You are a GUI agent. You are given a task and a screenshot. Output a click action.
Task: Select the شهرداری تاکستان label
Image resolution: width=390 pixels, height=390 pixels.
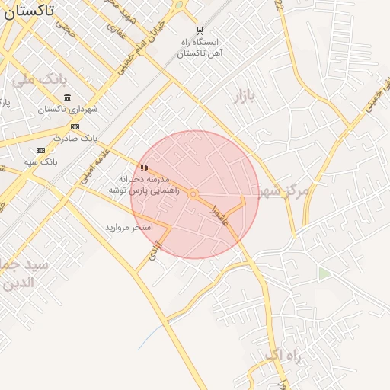tap(69, 110)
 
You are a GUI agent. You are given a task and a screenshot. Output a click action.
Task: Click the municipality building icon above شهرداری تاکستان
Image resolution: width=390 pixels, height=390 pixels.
tap(68, 98)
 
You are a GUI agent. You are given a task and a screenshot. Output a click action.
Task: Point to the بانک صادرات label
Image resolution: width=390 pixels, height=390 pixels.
tap(76, 138)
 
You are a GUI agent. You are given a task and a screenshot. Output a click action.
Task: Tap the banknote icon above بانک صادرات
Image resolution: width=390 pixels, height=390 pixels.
tap(75, 126)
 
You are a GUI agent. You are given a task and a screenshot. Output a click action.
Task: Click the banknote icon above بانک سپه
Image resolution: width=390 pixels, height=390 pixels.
tap(40, 151)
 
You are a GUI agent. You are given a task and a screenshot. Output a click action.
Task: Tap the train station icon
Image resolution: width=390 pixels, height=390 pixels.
tap(200, 31)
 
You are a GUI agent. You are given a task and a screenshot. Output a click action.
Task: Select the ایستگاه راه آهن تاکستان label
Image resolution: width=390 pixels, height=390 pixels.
tap(199, 48)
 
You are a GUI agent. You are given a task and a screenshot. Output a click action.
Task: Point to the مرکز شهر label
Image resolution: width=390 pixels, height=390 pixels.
tap(283, 190)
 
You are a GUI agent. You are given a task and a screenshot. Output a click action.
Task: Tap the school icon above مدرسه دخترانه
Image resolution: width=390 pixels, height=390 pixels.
tap(144, 168)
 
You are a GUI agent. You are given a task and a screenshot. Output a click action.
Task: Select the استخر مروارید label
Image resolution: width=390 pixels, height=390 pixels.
tap(129, 227)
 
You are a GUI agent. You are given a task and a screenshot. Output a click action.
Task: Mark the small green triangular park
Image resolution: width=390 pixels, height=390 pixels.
tap(324, 273)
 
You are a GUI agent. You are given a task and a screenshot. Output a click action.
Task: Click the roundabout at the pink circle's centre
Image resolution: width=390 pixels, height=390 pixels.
tap(193, 194)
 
